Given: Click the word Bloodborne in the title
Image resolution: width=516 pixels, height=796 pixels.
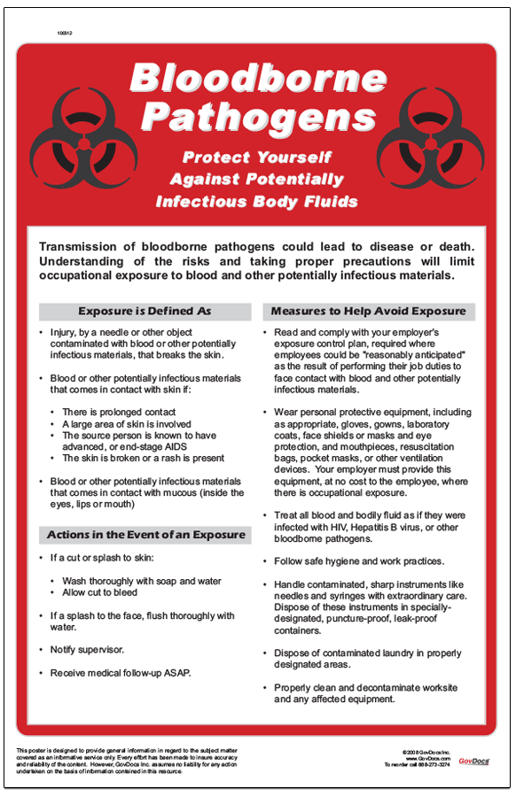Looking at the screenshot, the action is coord(257,80).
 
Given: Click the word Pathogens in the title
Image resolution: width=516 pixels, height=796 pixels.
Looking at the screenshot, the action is coord(257,116).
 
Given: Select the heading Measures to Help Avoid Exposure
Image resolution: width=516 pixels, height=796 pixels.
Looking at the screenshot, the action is coord(368,312).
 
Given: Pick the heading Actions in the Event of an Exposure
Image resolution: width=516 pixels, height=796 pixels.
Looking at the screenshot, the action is coord(146,535).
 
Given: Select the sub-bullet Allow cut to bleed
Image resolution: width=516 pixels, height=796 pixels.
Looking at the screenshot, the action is coord(99,592).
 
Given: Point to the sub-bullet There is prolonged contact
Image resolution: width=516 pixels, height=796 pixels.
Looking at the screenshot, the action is coord(119,413).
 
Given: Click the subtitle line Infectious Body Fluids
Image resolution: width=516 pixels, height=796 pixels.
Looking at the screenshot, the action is coord(257,202).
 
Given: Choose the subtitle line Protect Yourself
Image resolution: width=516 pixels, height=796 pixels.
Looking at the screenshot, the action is coord(257,158).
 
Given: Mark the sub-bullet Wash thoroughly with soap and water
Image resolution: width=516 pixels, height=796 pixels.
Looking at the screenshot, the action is coord(142,581).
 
